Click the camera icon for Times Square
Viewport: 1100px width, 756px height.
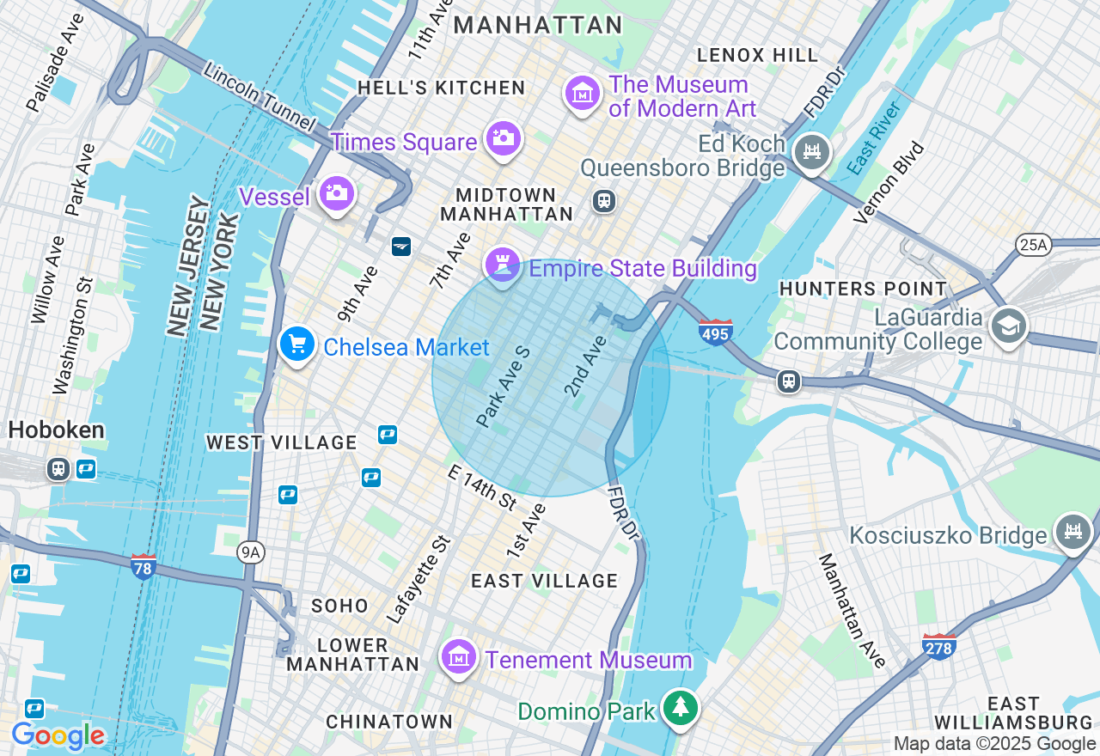click(x=503, y=138)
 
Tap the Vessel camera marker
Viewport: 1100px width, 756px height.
click(x=336, y=194)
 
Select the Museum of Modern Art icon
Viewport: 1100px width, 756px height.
click(x=583, y=93)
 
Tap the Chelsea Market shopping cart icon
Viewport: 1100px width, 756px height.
click(x=297, y=344)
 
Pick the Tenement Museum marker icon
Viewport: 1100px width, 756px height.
click(x=459, y=658)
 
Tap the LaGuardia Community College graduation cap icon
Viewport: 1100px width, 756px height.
click(x=1008, y=326)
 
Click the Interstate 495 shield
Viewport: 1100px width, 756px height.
click(x=715, y=332)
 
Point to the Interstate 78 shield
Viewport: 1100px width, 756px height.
click(x=144, y=567)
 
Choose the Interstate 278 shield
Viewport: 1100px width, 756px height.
click(x=938, y=647)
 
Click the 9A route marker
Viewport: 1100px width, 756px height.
click(x=250, y=552)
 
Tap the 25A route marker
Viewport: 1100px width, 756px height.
click(x=1032, y=246)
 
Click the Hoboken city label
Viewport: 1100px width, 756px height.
click(x=57, y=430)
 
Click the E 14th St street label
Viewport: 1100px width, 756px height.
click(x=481, y=486)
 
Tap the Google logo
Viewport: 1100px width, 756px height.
click(x=58, y=736)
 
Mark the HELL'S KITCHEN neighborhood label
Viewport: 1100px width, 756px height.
click(x=442, y=88)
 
